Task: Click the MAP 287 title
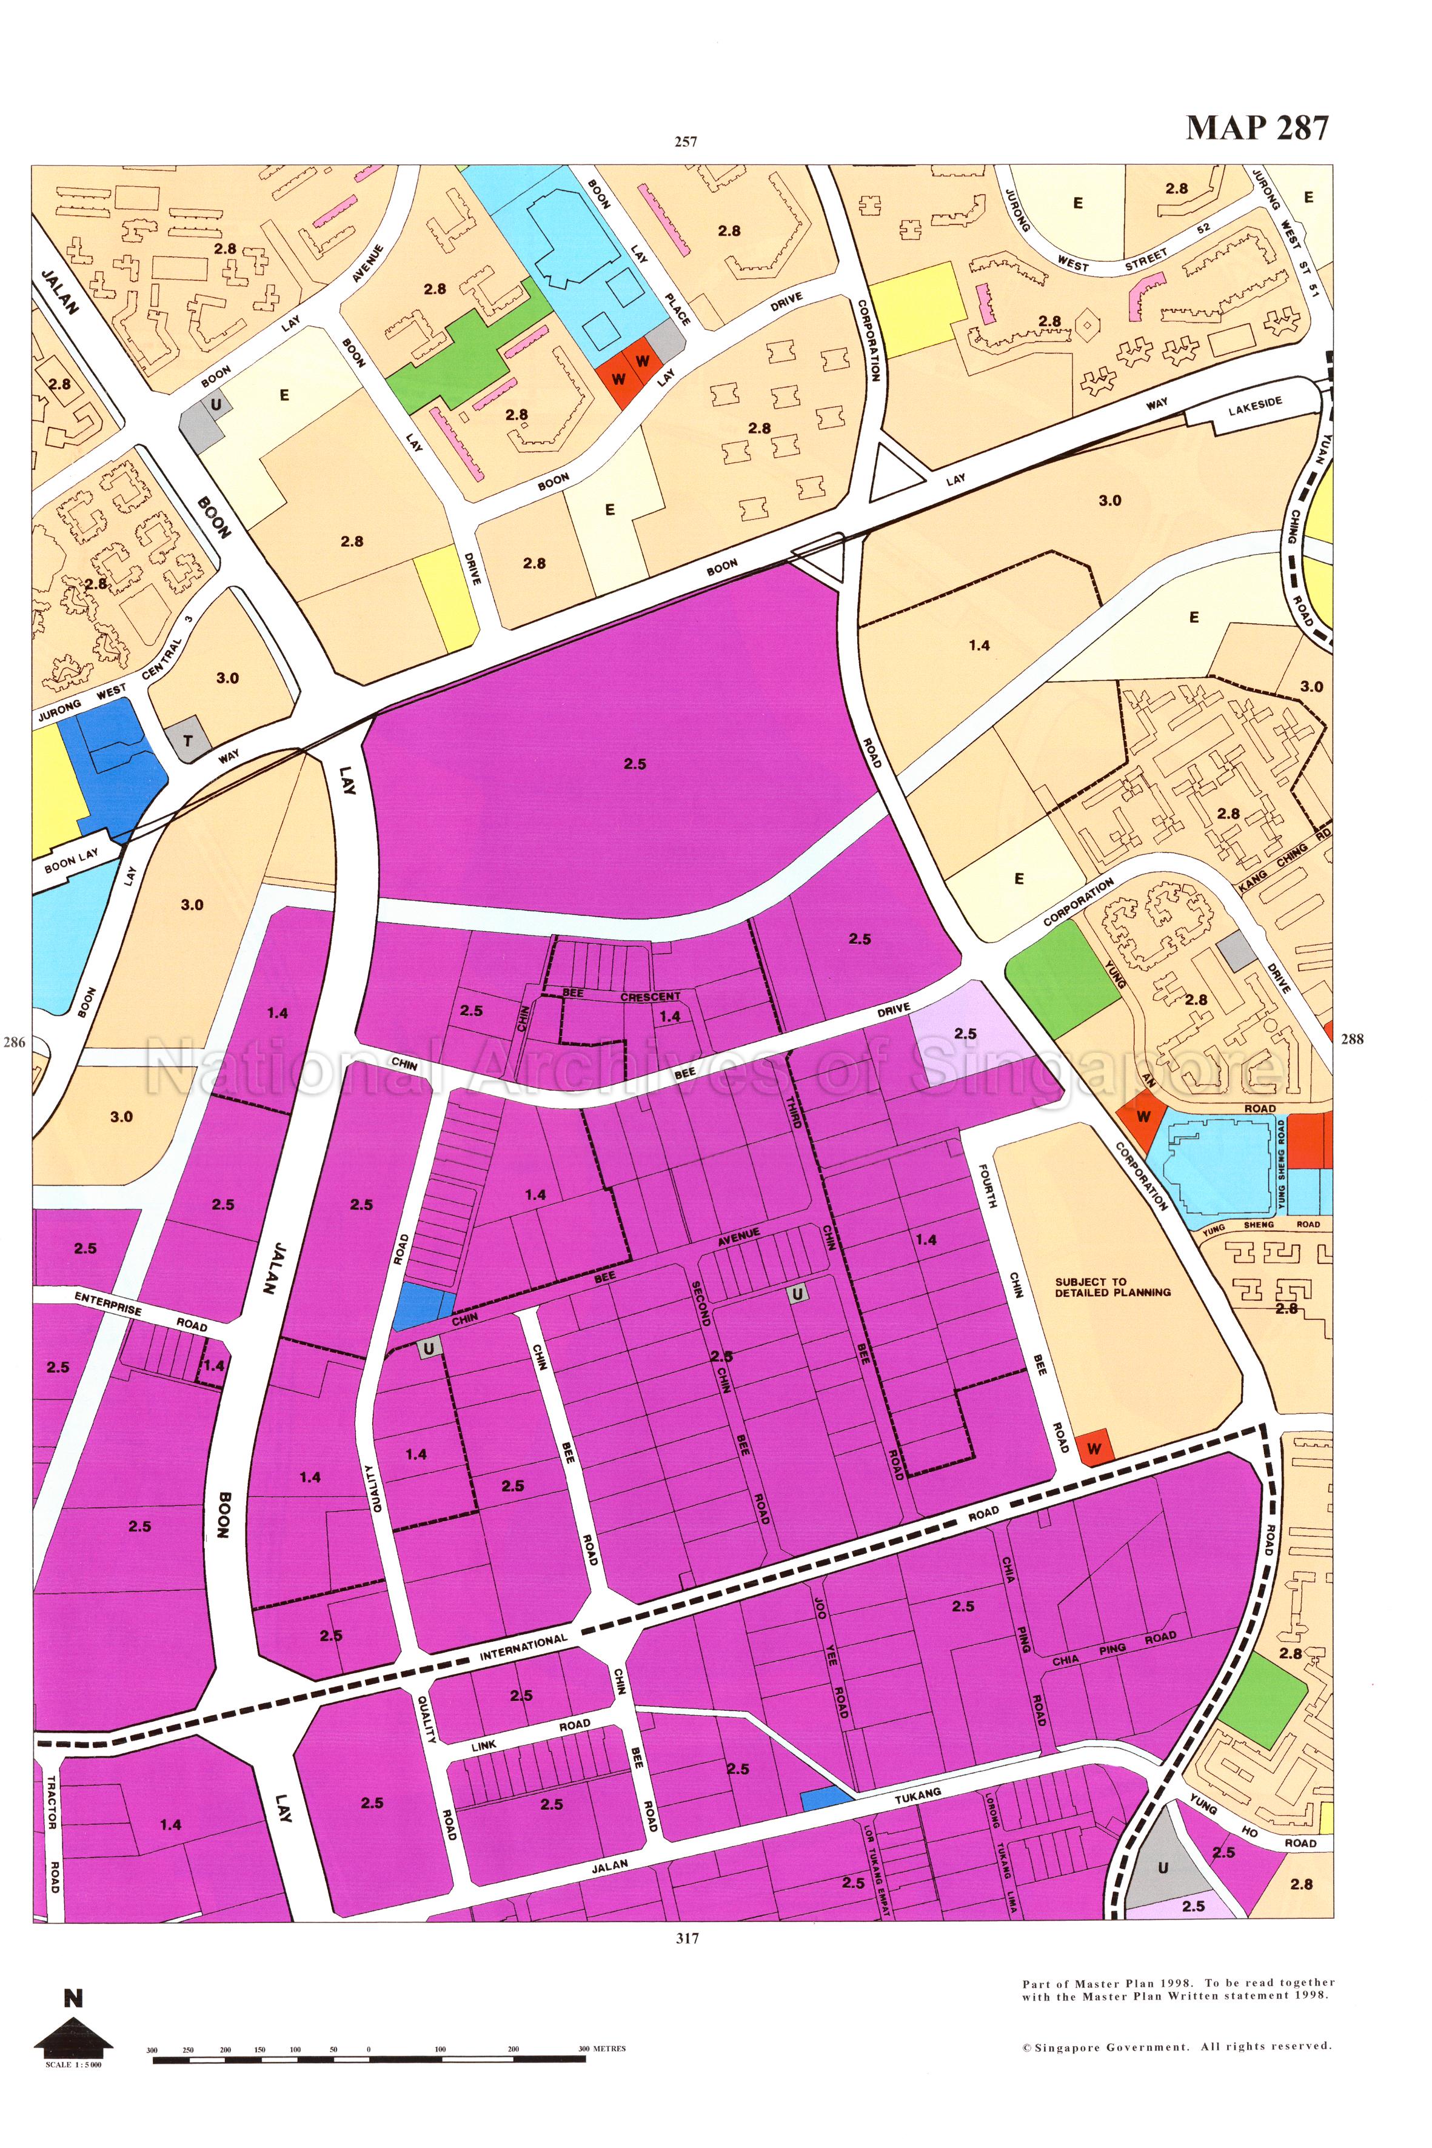(x=1257, y=128)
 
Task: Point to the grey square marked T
(x=188, y=741)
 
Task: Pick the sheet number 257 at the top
(x=686, y=141)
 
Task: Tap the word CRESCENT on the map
(x=651, y=996)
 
